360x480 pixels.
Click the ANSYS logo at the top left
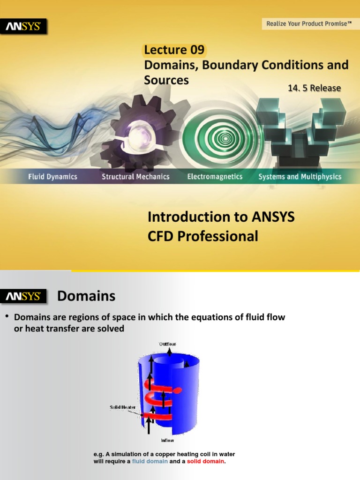coord(26,27)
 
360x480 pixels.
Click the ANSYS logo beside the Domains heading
coord(23,297)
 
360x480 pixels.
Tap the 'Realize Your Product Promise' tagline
coord(309,23)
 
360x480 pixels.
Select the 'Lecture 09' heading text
coord(174,50)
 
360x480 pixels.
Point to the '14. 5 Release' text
coord(314,88)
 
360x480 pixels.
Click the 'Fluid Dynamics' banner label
coord(52,177)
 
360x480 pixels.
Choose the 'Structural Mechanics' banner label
coord(135,177)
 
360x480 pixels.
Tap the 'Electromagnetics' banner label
coord(215,177)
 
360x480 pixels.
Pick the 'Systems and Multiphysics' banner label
coord(300,177)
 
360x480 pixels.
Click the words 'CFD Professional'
coord(202,236)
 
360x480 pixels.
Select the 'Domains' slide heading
coord(86,296)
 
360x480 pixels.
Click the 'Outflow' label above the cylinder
coord(167,344)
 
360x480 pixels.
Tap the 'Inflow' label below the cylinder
coord(167,441)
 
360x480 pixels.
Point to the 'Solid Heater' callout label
coord(123,407)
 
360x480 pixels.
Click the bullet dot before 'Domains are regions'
coord(7,317)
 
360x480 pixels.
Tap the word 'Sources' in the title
coord(166,80)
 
